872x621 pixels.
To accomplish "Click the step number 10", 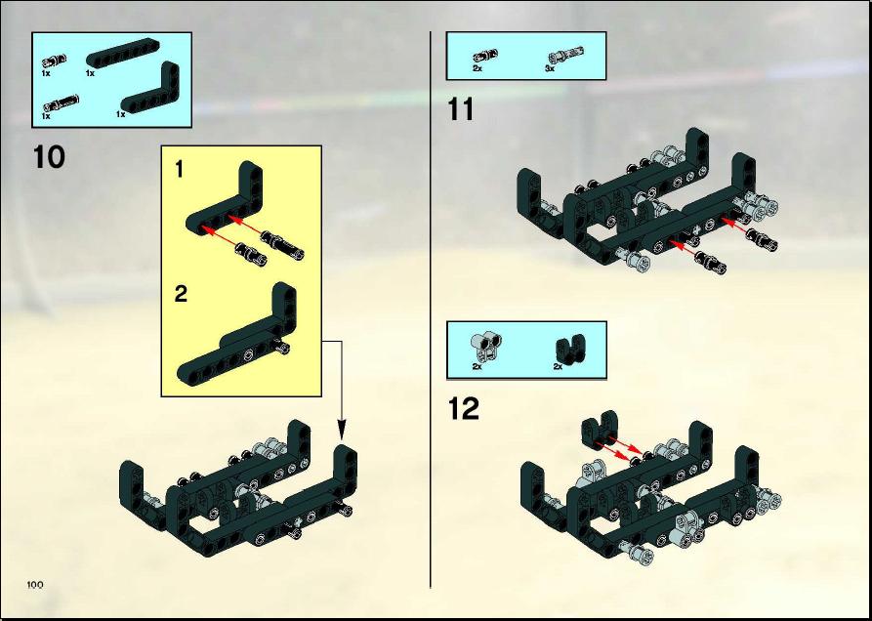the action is (x=49, y=157).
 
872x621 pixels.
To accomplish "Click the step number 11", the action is (x=461, y=109).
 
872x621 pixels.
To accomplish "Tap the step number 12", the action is (x=463, y=409).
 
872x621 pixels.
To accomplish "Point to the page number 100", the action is (x=34, y=585).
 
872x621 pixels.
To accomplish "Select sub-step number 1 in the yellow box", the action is (x=179, y=170).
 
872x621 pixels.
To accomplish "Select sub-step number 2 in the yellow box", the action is (x=181, y=294).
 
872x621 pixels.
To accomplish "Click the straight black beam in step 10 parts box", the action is (x=122, y=54).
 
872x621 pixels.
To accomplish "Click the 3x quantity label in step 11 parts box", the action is (x=550, y=69).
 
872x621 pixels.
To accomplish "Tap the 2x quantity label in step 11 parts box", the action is (x=478, y=67).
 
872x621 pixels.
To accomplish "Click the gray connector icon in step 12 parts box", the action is (x=486, y=347).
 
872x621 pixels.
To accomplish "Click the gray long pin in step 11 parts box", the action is (x=565, y=55).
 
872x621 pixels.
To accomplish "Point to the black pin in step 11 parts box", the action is (x=485, y=56).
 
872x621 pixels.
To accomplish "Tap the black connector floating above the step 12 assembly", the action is (x=601, y=428).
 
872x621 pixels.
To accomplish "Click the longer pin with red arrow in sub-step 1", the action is (x=282, y=245).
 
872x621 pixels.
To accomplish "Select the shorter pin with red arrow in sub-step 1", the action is (x=250, y=254).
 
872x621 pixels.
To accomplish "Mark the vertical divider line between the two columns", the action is (x=431, y=310).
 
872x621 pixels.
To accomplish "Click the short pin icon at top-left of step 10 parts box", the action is (x=54, y=60).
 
